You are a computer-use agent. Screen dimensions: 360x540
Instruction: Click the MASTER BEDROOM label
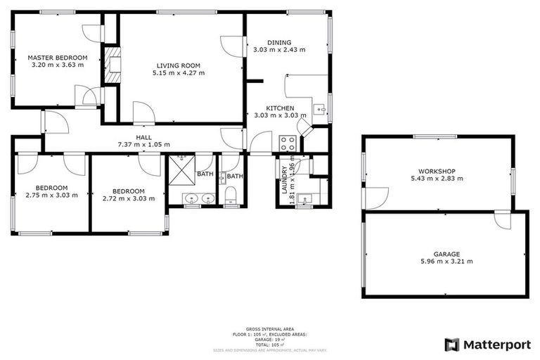(58, 57)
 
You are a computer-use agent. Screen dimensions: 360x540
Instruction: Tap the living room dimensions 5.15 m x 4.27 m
(180, 72)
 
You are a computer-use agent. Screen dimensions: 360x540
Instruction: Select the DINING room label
(279, 42)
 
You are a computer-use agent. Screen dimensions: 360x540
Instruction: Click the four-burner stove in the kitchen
(288, 143)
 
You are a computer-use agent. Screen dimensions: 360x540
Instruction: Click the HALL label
(144, 138)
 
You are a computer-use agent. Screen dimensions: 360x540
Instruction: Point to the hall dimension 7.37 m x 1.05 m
(144, 145)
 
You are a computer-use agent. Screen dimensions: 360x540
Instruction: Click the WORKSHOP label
(437, 171)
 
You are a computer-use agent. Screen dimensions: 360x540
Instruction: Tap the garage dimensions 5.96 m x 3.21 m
(446, 261)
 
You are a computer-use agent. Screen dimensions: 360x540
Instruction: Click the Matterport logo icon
(451, 345)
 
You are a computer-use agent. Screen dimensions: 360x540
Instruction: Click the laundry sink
(304, 198)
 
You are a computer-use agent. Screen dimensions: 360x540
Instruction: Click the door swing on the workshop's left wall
(374, 198)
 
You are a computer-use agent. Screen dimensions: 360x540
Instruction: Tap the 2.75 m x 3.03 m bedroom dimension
(52, 195)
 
